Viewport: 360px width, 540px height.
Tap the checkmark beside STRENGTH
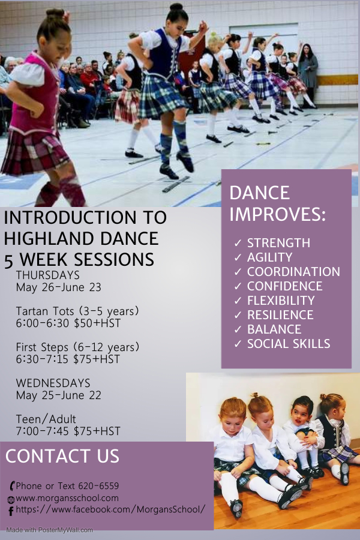point(238,243)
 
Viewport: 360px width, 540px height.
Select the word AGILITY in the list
point(270,257)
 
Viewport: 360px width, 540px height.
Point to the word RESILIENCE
point(280,315)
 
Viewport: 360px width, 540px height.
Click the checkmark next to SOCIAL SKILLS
point(238,344)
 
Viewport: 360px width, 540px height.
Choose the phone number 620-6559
point(98,486)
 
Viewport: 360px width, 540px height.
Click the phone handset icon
point(12,486)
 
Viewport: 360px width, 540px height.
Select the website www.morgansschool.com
point(67,498)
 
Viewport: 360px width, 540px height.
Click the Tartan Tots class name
point(45,311)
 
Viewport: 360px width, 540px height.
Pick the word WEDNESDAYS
point(53,383)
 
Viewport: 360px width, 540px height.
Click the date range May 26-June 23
point(59,287)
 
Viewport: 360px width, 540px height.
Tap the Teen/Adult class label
point(46,419)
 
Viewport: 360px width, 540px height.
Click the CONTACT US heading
point(62,456)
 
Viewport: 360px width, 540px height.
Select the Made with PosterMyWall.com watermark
point(50,530)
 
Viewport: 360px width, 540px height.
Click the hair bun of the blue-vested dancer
point(176,7)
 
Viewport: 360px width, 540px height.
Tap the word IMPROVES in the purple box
point(277,214)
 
